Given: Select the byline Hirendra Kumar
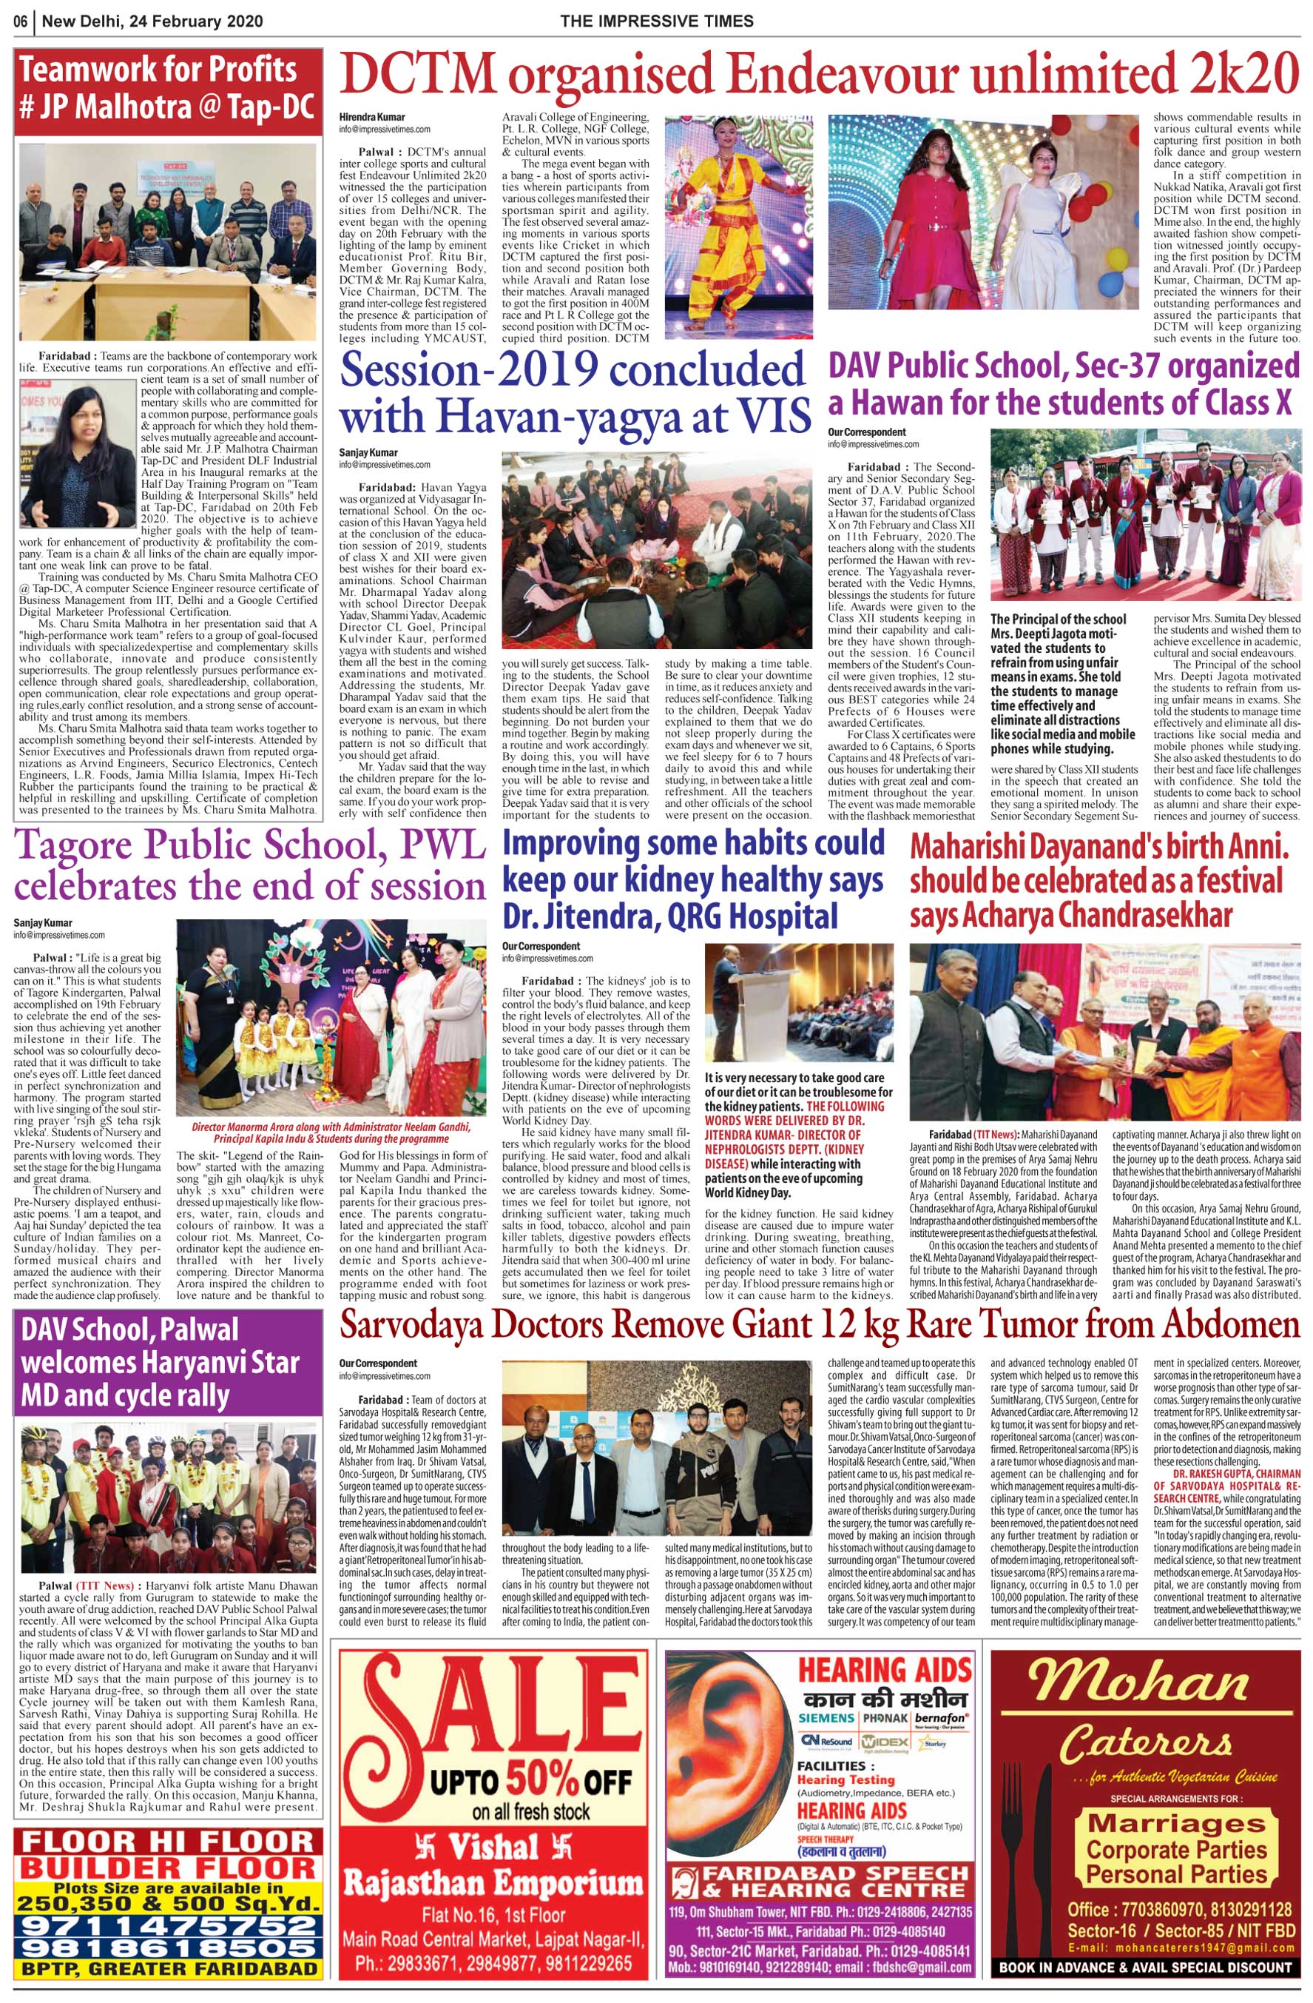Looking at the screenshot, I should coord(372,117).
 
